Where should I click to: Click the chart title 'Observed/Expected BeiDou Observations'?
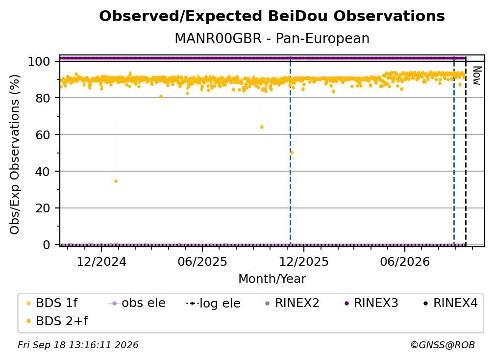coord(272,16)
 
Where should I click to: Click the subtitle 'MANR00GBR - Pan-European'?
coord(272,38)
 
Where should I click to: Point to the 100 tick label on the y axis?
coord(39,61)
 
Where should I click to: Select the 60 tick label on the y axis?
coord(43,134)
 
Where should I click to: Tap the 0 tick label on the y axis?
coord(47,245)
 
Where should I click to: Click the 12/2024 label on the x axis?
coord(101,261)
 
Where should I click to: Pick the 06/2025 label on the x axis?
coord(202,261)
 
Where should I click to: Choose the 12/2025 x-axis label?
coord(304,261)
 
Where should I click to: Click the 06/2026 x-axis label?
coord(405,261)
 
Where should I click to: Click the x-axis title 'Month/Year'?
coord(272,279)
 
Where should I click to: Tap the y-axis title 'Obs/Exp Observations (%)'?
coord(15,154)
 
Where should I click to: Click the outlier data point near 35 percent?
coord(116,181)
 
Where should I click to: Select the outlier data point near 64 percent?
coord(262,127)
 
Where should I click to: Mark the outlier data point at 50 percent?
coord(292,153)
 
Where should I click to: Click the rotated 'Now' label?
coord(477,76)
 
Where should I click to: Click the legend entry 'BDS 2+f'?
coord(57,321)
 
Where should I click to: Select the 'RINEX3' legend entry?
coord(371,303)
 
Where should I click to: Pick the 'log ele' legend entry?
coord(213,303)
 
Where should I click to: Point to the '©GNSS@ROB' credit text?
coord(443,345)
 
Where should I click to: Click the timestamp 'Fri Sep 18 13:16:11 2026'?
coord(78,345)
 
